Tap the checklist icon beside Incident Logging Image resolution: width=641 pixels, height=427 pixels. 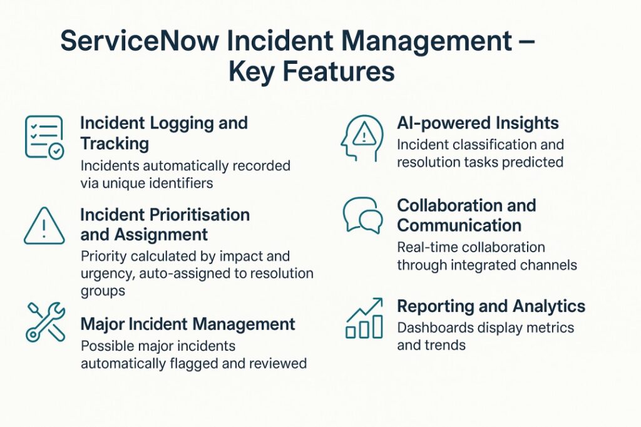click(44, 136)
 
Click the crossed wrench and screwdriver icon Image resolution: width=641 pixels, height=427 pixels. click(45, 322)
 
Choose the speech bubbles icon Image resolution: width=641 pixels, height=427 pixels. click(363, 216)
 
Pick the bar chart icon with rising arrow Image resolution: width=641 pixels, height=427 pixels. click(364, 319)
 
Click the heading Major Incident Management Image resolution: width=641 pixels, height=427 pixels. click(187, 324)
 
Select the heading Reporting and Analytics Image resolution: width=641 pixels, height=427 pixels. click(491, 306)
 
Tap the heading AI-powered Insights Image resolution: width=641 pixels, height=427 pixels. click(478, 123)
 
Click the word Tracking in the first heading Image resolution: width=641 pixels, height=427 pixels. click(115, 143)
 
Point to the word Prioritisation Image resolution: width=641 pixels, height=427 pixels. click(199, 215)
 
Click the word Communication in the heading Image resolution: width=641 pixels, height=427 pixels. click(459, 225)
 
